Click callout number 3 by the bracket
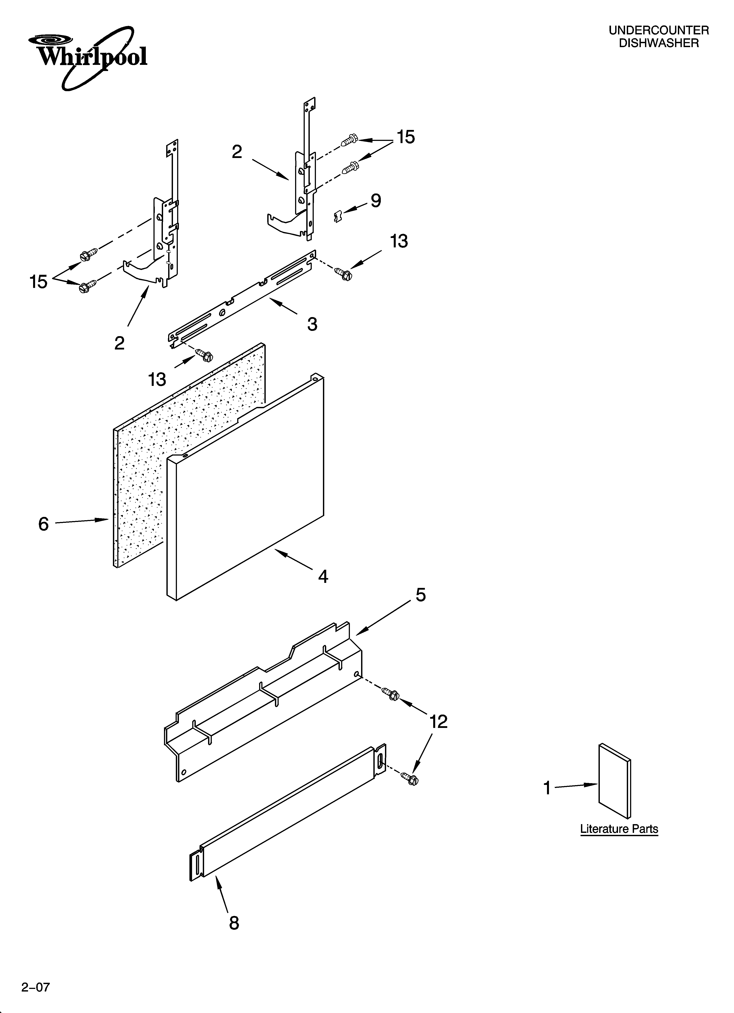tap(312, 324)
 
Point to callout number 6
tap(43, 524)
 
